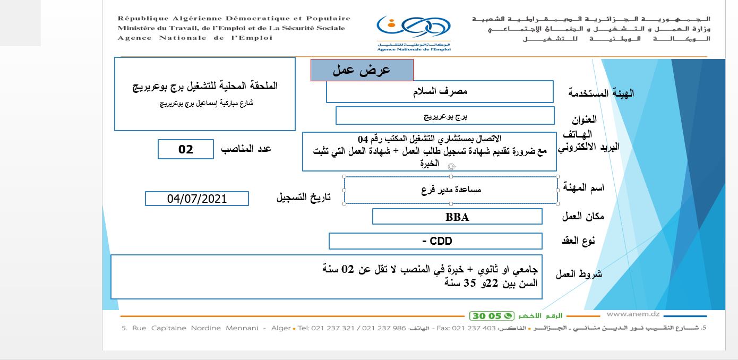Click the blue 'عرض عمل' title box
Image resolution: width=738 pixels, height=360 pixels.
click(362, 70)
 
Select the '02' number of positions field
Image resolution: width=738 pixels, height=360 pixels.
click(186, 149)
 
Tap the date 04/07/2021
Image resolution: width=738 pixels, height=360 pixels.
click(196, 199)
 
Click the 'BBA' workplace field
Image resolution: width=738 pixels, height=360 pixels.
click(457, 217)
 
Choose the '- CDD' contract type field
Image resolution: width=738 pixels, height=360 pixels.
click(436, 241)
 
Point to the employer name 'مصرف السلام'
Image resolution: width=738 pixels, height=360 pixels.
click(440, 91)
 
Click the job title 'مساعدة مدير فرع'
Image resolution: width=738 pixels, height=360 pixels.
click(451, 190)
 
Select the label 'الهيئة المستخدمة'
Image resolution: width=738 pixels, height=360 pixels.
click(601, 93)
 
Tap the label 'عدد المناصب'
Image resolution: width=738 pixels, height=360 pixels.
click(246, 149)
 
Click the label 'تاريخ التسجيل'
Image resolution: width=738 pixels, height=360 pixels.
click(303, 198)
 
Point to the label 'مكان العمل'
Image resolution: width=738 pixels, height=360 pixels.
click(583, 216)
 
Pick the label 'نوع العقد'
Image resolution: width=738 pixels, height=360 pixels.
click(578, 241)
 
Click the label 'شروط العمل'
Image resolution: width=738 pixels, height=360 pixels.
click(579, 275)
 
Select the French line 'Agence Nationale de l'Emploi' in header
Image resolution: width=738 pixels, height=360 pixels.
click(195, 38)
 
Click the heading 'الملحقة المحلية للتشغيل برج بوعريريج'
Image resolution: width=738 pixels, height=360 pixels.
click(205, 86)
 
